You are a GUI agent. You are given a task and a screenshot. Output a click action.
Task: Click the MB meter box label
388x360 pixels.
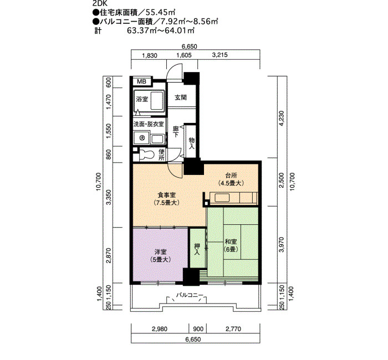coord(141,81)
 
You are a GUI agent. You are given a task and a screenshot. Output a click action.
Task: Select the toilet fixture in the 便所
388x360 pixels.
coord(148,155)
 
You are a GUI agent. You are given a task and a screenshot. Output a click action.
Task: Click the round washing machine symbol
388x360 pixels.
coord(142,138)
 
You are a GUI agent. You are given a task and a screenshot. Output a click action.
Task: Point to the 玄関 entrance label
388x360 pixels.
coord(181,97)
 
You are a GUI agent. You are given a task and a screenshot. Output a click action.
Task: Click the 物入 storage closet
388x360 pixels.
coord(191,141)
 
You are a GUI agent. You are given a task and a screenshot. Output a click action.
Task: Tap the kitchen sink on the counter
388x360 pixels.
coord(222,198)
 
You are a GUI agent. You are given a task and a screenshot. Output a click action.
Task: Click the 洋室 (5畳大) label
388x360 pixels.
coord(160,255)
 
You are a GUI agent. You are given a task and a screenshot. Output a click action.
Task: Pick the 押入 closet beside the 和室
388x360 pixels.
coord(197,248)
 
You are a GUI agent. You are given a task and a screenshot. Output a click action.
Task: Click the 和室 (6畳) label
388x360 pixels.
coord(231,245)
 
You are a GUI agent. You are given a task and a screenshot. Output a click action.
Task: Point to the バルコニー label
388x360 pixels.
coord(190,295)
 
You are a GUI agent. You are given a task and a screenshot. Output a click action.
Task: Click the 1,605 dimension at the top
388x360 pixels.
coord(184,55)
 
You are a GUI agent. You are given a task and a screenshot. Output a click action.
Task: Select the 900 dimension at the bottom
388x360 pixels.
coord(198,329)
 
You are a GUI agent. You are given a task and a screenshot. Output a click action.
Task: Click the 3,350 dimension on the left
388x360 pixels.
coord(109,198)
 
